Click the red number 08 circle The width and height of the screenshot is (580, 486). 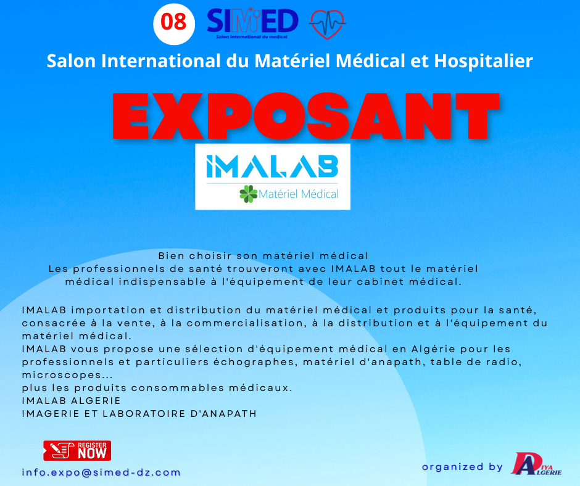coord(174,23)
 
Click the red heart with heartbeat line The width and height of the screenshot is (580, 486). coord(328,24)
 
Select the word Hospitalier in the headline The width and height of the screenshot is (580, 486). coord(483,61)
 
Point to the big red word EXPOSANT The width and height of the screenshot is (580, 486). coord(306,115)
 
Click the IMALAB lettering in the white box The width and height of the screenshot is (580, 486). coord(272,166)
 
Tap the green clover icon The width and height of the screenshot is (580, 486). coord(248,194)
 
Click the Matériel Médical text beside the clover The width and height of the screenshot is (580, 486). coord(299,194)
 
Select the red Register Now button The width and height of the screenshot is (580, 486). coord(77,450)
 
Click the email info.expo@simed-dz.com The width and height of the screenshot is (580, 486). coord(101,472)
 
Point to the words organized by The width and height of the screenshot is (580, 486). coord(462,467)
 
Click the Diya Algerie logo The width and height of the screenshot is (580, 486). coord(536,463)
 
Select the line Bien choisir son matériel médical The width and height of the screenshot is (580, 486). coord(263,255)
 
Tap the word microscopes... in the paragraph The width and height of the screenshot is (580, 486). coord(67,375)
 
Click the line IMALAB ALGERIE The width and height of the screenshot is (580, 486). coord(72,401)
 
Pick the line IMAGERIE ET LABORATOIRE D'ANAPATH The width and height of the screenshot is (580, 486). coord(139,414)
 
